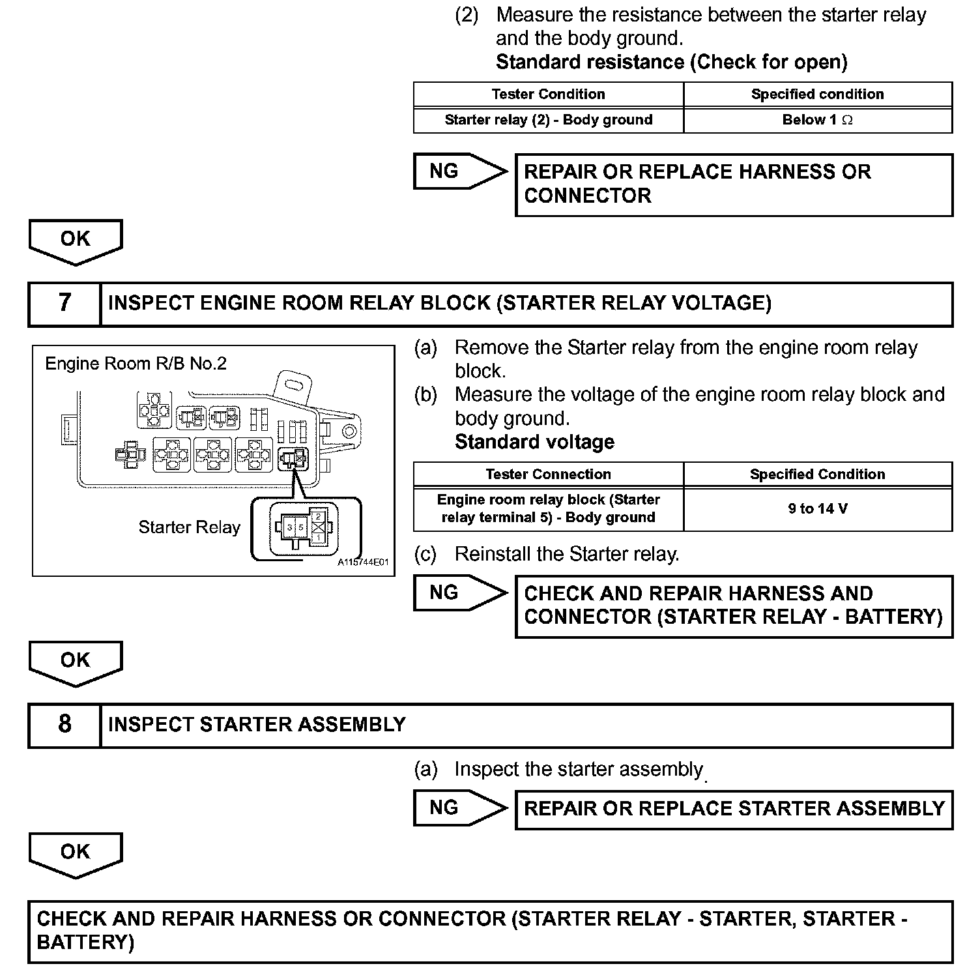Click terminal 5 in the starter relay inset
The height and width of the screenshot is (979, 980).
301,526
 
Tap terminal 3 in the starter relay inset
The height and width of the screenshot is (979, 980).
289,526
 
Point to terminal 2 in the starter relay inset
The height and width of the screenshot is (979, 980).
318,517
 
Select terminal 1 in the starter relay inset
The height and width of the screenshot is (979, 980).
318,537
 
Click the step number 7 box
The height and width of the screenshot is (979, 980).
65,303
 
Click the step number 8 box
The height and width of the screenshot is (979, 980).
65,724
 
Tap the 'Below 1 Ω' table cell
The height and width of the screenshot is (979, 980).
818,120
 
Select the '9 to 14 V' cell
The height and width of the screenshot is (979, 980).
818,508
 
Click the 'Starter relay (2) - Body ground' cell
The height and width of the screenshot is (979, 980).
548,120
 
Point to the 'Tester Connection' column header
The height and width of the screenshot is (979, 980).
548,474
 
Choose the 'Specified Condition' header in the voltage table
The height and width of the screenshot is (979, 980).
818,474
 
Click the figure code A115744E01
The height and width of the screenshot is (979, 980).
363,562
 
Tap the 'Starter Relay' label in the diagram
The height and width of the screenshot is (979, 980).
190,527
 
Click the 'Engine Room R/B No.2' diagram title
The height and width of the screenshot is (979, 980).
136,363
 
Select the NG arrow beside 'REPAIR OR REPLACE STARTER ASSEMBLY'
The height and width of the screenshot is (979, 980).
459,808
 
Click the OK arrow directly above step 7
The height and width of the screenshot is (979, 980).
76,241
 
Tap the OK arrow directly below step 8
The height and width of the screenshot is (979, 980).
76,853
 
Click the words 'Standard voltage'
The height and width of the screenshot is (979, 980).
534,442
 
